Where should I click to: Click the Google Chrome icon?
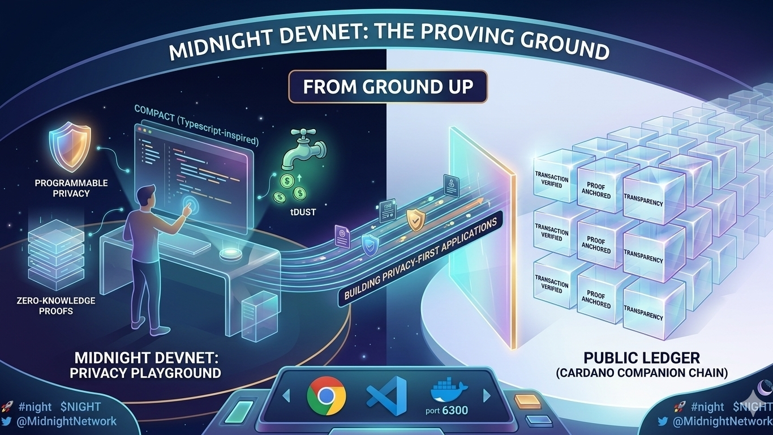[x=327, y=396]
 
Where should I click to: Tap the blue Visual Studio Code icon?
[x=387, y=396]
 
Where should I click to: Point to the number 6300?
[x=456, y=410]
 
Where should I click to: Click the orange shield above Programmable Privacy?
[x=70, y=148]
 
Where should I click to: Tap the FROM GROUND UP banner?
[x=388, y=87]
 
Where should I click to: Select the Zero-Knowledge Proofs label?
[x=56, y=305]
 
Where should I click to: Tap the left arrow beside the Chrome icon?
[x=286, y=394]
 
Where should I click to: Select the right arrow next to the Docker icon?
[x=486, y=395]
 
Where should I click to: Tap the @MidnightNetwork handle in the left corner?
[x=65, y=421]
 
